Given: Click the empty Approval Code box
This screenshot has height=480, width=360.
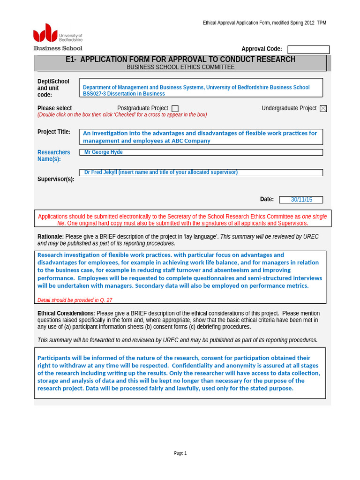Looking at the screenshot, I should tap(308, 50).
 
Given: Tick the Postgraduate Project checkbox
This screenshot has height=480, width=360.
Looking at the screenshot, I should tap(175, 109).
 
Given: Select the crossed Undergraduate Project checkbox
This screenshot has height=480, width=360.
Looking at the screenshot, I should tap(323, 109).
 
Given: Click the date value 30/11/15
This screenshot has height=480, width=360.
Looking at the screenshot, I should tap(301, 200).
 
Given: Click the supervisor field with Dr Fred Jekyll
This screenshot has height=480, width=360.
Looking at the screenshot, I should tap(161, 172).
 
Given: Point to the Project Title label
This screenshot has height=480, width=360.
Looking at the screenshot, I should tap(54, 132).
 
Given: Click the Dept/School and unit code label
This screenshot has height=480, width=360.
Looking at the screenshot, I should tap(53, 88).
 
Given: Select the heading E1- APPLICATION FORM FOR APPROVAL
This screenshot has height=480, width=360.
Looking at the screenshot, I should tap(180, 60).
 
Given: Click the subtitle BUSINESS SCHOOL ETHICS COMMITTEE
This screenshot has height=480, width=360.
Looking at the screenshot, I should tap(180, 67).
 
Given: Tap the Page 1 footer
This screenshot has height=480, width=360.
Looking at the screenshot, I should tap(180, 453).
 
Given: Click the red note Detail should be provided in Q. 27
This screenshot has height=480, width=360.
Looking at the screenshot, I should tap(75, 300).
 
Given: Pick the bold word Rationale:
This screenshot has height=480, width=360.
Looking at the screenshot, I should tap(51, 237).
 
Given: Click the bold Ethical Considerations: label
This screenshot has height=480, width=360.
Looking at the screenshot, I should tap(66, 314).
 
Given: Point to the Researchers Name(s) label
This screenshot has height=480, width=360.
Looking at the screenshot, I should tap(53, 156).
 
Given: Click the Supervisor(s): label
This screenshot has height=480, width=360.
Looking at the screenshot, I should tap(56, 179).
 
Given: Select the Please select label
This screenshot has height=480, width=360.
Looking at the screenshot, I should tap(54, 108).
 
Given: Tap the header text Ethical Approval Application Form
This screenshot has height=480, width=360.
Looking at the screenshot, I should tap(244, 23).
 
